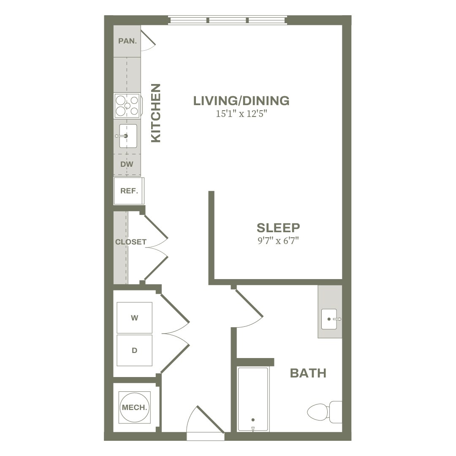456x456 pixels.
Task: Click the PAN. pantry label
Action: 128,41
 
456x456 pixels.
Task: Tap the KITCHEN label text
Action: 156,113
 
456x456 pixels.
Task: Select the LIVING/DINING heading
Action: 242,100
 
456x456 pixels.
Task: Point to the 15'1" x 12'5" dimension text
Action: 242,114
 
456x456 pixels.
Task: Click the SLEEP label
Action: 278,228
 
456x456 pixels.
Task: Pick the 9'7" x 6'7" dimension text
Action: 278,241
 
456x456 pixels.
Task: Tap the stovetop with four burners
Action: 128,106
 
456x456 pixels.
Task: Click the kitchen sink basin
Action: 128,136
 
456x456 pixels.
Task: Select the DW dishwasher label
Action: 127,164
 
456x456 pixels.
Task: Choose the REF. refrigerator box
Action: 129,191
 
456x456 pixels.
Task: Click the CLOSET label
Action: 131,242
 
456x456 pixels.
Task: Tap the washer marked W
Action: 134,318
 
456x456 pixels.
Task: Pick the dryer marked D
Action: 134,350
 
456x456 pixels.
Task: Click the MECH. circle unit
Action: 134,407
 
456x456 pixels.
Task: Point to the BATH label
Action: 308,373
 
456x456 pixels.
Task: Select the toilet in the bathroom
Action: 325,412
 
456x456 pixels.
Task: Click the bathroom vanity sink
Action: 329,319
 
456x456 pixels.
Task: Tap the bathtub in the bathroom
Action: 253,399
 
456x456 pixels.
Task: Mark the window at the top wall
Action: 228,20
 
